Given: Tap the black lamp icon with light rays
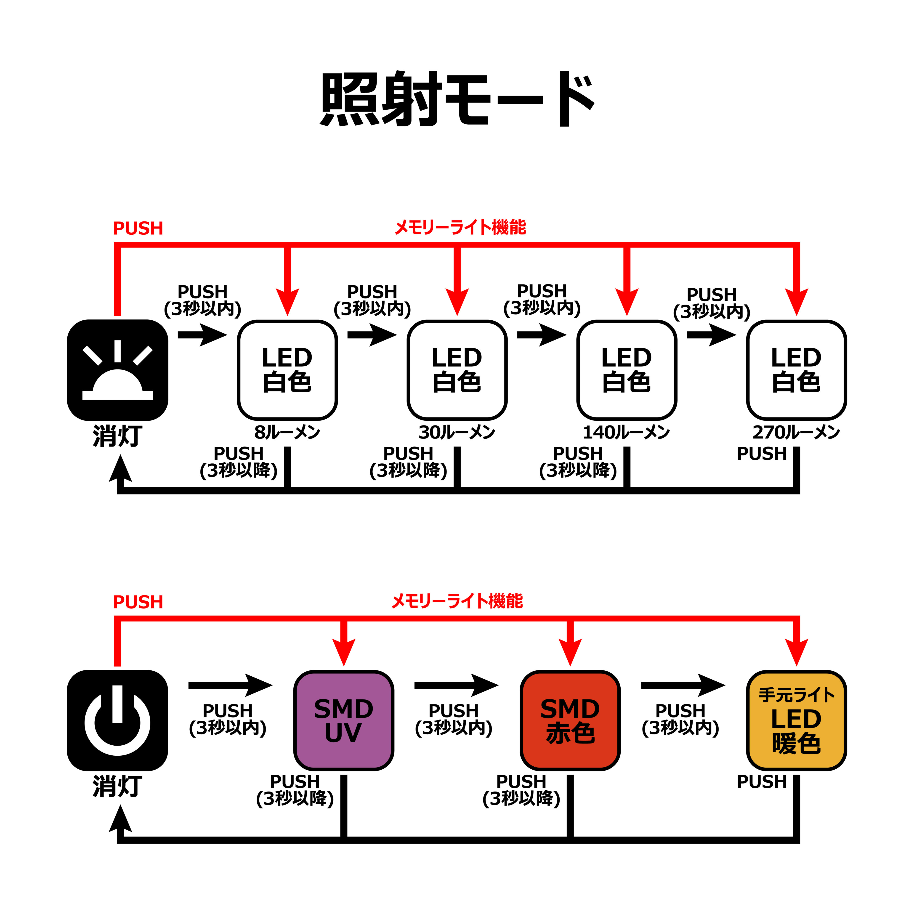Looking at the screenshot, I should coord(117,370).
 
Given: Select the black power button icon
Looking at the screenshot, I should coord(117,720).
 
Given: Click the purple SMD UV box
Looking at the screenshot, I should coord(343,720).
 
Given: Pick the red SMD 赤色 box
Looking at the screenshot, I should coord(570,720).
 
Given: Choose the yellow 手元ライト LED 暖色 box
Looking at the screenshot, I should coord(796,720).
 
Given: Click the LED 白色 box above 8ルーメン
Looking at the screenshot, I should coord(287,370).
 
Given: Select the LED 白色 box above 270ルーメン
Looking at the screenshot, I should coord(796,370).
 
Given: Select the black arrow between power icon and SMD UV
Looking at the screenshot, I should coord(230,685).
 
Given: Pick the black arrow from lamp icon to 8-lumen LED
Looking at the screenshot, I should coord(202,335).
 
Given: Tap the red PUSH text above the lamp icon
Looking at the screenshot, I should coord(138,228).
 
